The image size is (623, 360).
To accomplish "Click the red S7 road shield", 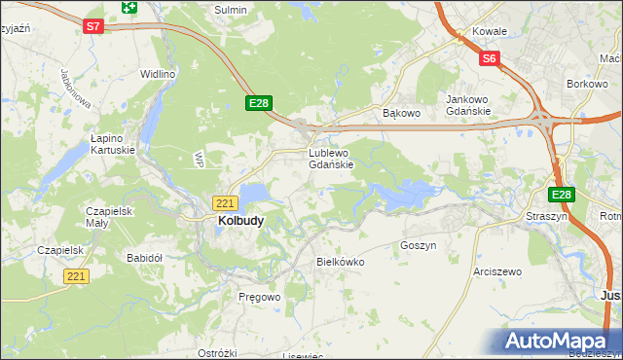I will pos(92,27).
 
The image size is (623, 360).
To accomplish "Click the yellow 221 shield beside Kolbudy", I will pos(225,202).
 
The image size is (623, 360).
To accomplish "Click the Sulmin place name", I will pos(231,10).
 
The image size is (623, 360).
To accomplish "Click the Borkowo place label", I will pos(587,85).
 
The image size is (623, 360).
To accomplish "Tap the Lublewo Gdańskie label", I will pos(330,159).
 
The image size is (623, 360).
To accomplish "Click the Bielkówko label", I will pos(341,262).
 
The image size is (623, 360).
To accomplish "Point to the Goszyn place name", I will pos(418,246).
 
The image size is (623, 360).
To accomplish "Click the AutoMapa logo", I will pos(554,342).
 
